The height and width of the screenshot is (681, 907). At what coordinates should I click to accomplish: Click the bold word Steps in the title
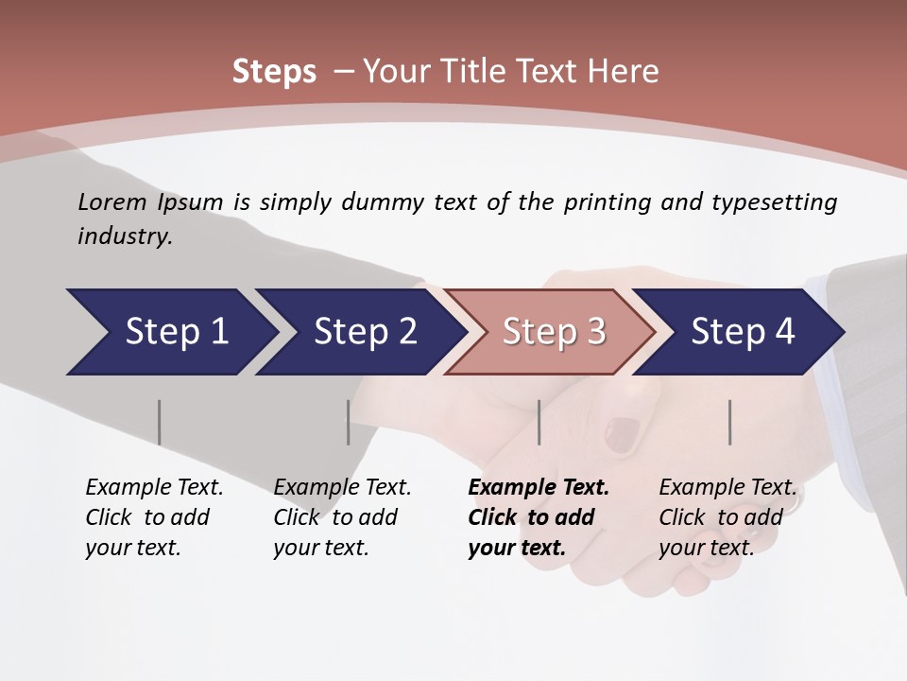point(274,72)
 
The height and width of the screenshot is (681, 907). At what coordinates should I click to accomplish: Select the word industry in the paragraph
point(124,236)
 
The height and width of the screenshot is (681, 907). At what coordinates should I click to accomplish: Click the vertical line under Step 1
point(160,422)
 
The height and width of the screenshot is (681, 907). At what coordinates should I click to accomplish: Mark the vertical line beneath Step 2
point(349,422)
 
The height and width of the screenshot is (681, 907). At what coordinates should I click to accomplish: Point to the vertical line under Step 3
point(539,422)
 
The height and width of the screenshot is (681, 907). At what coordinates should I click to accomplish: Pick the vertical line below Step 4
point(730,422)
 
